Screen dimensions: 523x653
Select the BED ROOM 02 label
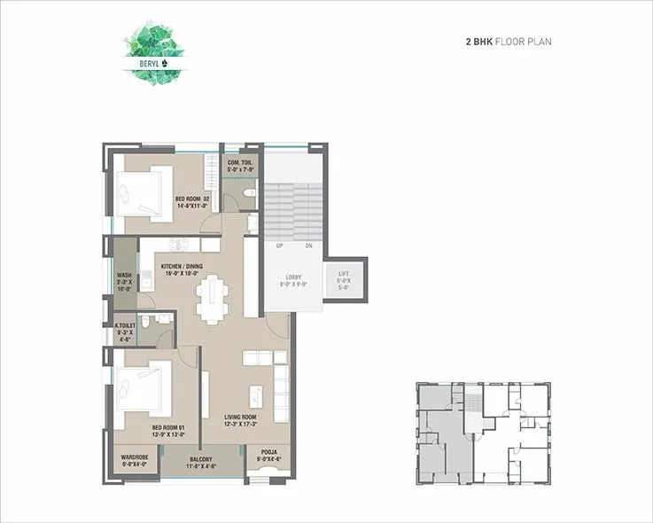coord(191,201)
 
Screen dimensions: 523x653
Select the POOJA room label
coord(268,456)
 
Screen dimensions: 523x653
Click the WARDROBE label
coord(135,460)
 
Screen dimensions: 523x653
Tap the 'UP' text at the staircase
coord(279,246)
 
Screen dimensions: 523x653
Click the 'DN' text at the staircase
coord(309,246)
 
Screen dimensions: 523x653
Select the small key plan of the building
coord(481,434)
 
